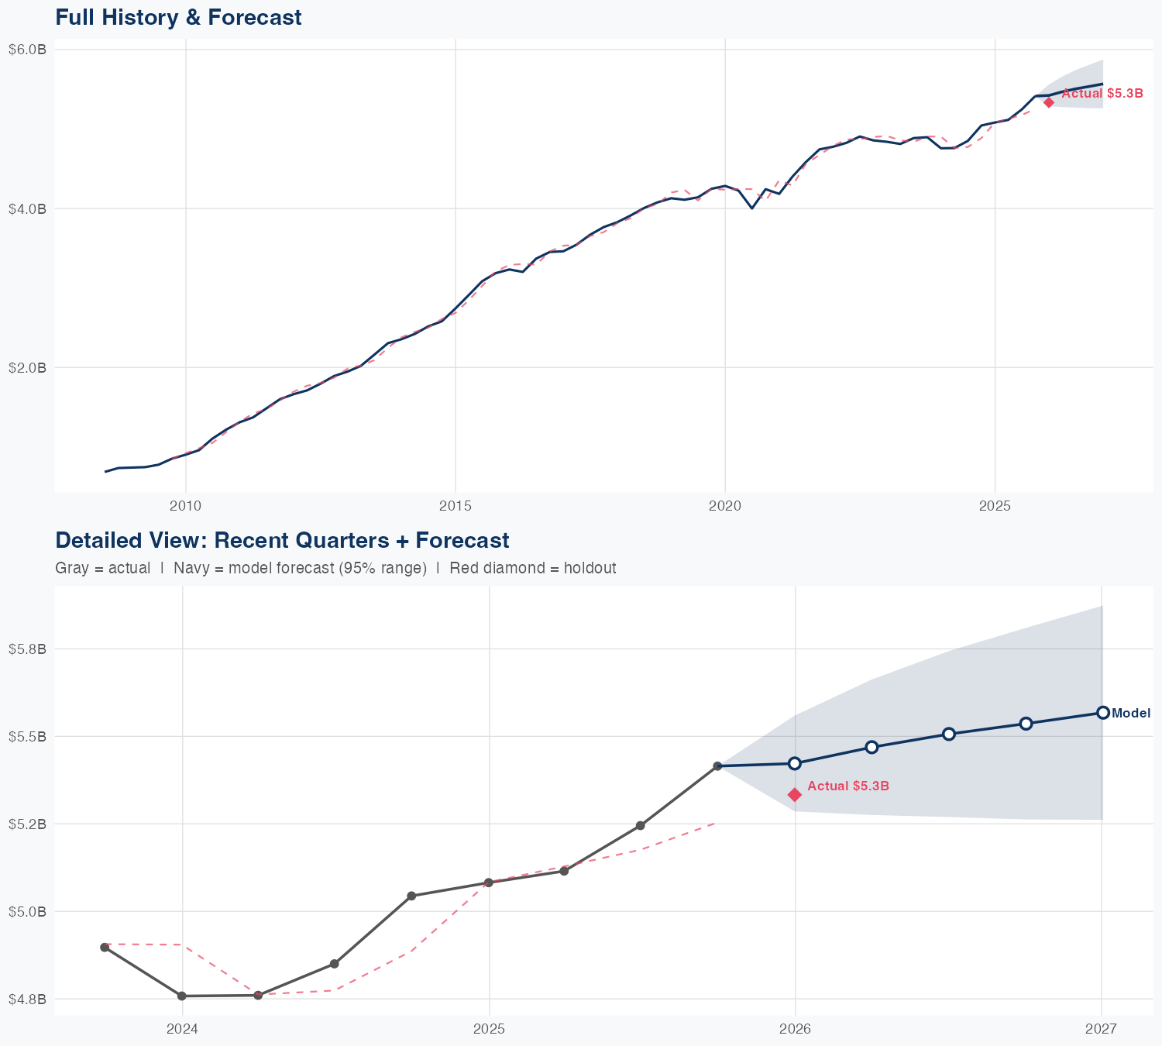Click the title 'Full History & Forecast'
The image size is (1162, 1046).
pos(178,17)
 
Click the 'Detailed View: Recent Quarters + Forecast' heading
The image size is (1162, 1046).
pos(282,540)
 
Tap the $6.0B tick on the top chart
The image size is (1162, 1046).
pos(27,50)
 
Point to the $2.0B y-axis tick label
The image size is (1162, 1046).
pos(27,367)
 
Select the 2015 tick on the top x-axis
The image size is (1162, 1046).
pos(455,506)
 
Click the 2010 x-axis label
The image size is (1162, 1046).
pos(185,506)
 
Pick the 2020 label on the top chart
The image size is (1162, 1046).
pos(724,506)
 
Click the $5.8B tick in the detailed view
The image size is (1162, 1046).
pos(27,649)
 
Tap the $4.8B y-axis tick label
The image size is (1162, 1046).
pos(27,999)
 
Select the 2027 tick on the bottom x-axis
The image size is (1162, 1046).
pos(1101,1029)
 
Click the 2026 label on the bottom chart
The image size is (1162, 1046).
pos(795,1029)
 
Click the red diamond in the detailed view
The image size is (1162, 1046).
pos(795,794)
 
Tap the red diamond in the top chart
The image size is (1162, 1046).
pos(1049,102)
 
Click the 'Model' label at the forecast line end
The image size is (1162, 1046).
pos(1131,714)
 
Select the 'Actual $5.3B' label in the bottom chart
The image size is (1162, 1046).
pos(847,786)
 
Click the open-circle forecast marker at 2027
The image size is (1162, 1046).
pos(1103,713)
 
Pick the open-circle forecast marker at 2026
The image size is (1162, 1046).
pos(794,763)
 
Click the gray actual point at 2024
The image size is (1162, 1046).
pos(182,996)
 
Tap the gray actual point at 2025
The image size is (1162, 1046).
pos(489,883)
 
